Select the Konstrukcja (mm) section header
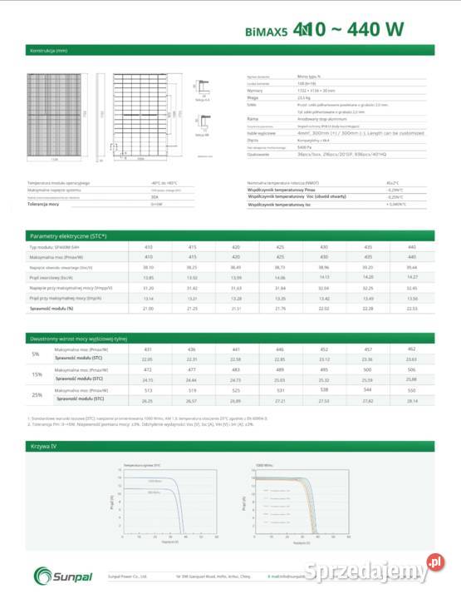coord(48,51)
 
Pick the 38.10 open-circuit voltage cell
coord(149,267)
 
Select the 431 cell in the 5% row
coord(149,349)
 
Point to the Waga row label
coord(253,97)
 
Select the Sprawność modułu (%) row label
coord(51,308)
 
